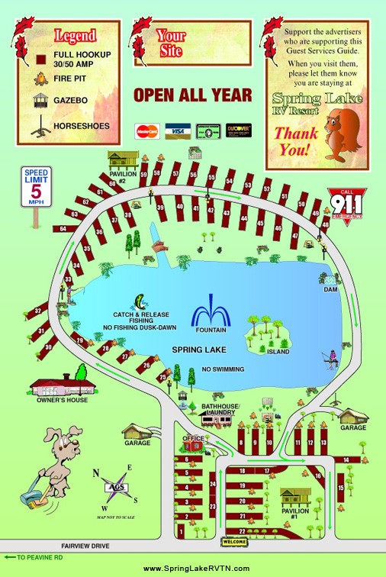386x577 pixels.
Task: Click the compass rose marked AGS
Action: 117,486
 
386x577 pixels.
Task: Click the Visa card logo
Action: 177,131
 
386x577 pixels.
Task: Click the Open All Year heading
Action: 192,95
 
